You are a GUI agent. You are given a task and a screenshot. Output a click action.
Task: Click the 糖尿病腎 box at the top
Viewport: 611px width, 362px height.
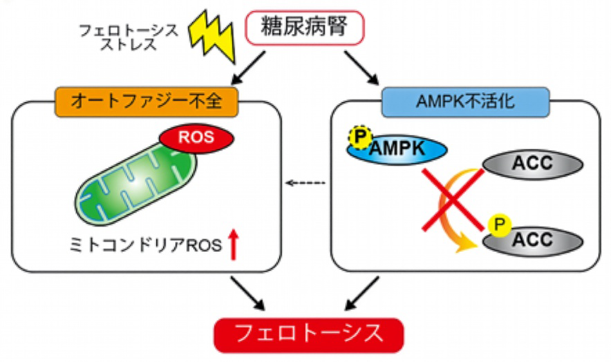tap(305, 28)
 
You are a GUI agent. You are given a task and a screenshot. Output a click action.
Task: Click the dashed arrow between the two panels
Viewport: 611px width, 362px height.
tap(304, 183)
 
